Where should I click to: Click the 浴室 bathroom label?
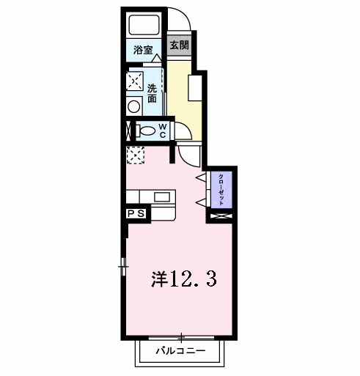[x=143, y=51]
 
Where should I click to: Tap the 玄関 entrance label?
[x=180, y=45]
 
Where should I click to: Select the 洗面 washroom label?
[x=152, y=93]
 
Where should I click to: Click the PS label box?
[x=136, y=214]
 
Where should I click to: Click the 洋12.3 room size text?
[x=183, y=279]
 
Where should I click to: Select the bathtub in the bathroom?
[x=144, y=26]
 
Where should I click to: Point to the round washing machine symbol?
[x=134, y=106]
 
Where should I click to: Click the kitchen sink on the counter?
[x=162, y=196]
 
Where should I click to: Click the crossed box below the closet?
[x=221, y=216]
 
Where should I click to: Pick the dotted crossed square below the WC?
[x=136, y=155]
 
